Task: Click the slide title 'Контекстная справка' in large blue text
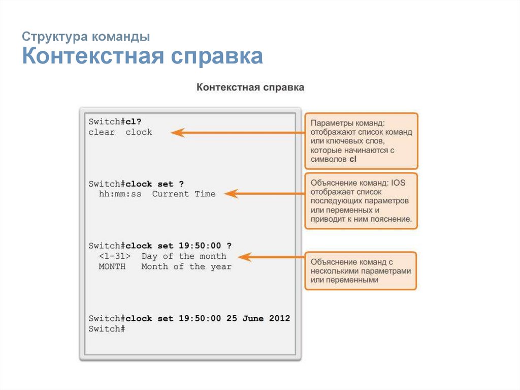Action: tap(143, 57)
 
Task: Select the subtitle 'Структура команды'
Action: tap(86, 37)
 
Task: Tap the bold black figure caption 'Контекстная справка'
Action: tap(250, 87)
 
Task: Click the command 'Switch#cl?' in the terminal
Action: tap(115, 122)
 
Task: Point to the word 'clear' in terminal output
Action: tap(102, 132)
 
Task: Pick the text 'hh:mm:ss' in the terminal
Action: tap(120, 194)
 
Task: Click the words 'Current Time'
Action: tap(184, 194)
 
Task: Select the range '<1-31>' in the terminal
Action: tap(115, 256)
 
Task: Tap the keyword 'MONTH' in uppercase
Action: tap(112, 266)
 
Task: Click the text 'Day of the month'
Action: tap(184, 256)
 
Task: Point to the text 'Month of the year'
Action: tap(186, 266)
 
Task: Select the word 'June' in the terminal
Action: tap(253, 318)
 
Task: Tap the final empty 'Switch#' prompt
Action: tap(107, 329)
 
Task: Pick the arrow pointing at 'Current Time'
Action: tap(264, 194)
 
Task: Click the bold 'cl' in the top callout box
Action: tap(353, 159)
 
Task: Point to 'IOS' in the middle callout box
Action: tap(399, 182)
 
